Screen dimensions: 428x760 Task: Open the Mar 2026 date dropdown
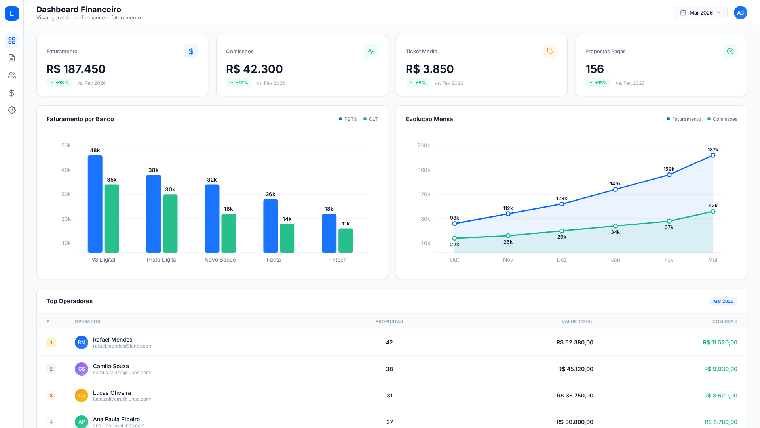pos(700,13)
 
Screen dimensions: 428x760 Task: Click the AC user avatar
pos(740,13)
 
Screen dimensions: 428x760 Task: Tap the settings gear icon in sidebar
pos(12,110)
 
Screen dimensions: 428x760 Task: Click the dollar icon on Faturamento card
pos(191,51)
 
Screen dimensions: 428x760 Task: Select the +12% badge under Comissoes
pos(238,83)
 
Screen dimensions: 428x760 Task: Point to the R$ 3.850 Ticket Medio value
pos(429,69)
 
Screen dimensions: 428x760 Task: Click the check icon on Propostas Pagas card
pos(730,51)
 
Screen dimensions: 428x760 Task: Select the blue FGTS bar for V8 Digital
pos(95,204)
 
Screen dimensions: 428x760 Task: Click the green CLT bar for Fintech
pos(346,241)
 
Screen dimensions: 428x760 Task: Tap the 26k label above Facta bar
pos(270,194)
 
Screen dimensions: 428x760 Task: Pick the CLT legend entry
pos(370,119)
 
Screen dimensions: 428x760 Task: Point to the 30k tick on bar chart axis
pos(66,194)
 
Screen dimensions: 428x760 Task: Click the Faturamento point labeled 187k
pos(713,155)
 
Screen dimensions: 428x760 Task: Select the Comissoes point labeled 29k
pos(562,231)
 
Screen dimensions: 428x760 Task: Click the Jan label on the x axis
pos(615,260)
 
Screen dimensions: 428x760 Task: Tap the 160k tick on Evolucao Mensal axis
pos(424,170)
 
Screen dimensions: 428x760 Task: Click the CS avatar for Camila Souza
pos(82,369)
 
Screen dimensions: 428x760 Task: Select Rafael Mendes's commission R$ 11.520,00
pos(720,342)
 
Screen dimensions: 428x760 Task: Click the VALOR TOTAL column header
pos(577,321)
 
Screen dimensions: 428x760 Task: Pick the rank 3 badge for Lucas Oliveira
pos(51,396)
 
